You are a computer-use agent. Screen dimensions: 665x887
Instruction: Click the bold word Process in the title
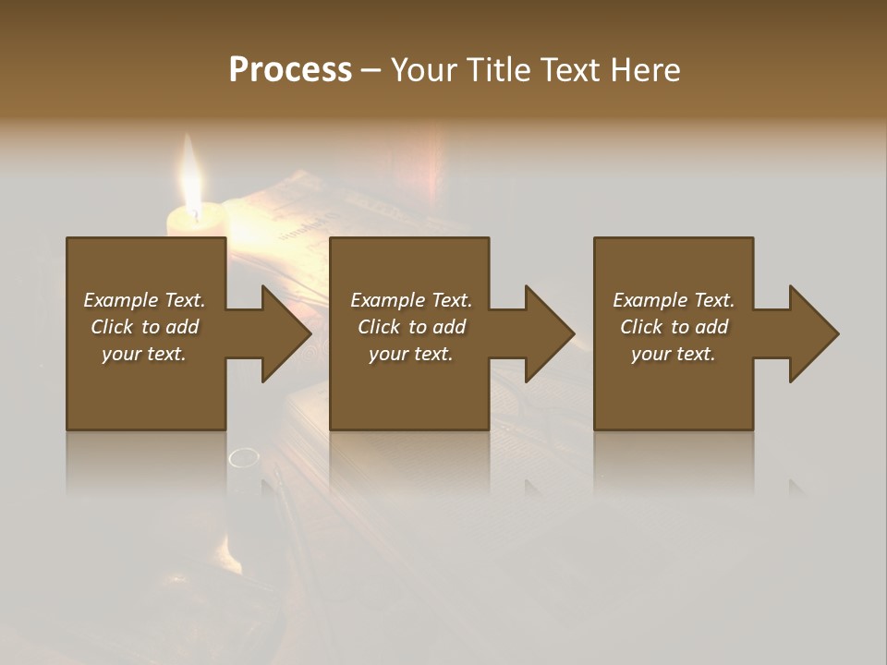(x=290, y=70)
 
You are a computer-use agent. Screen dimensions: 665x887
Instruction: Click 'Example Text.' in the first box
(x=144, y=300)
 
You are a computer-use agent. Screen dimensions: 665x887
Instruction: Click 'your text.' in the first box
(x=144, y=354)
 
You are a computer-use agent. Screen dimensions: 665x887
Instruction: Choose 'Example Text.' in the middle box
(x=410, y=300)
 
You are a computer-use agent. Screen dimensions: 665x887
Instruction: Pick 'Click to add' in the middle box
(x=410, y=327)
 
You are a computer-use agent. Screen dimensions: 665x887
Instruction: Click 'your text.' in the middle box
(x=410, y=354)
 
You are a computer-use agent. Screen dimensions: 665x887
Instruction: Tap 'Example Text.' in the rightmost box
(x=674, y=300)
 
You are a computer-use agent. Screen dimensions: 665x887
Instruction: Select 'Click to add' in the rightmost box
(x=674, y=327)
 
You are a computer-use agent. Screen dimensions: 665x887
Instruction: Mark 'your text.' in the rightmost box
(x=674, y=354)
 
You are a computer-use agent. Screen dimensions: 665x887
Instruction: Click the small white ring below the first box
(x=244, y=456)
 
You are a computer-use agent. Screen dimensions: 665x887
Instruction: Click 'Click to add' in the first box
(x=144, y=327)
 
